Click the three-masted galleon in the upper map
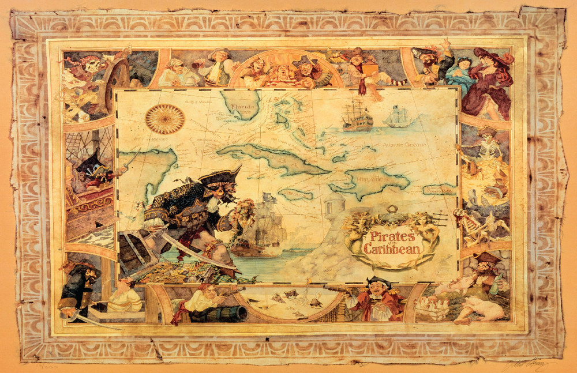(357, 115)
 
